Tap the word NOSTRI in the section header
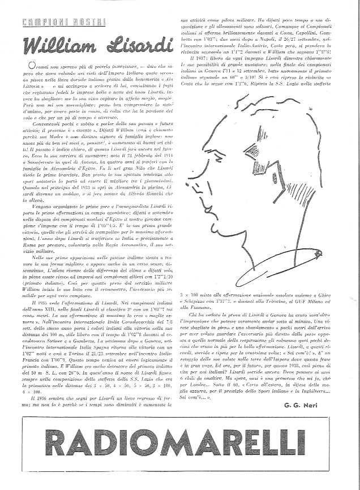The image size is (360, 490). pos(89,22)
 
